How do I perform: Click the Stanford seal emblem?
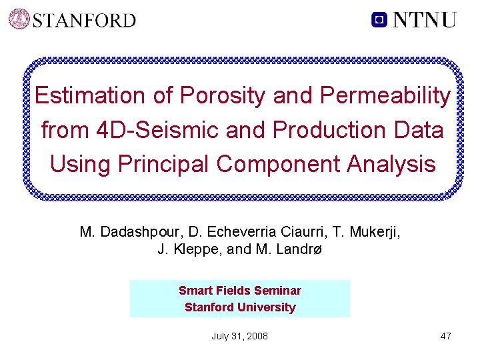[19, 19]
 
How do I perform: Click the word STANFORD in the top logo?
[84, 20]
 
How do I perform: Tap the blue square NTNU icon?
[379, 19]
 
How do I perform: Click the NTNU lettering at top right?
[424, 19]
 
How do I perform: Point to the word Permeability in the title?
[385, 95]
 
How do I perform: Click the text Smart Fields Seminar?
[239, 291]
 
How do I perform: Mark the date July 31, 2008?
[239, 336]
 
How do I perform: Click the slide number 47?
[445, 336]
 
